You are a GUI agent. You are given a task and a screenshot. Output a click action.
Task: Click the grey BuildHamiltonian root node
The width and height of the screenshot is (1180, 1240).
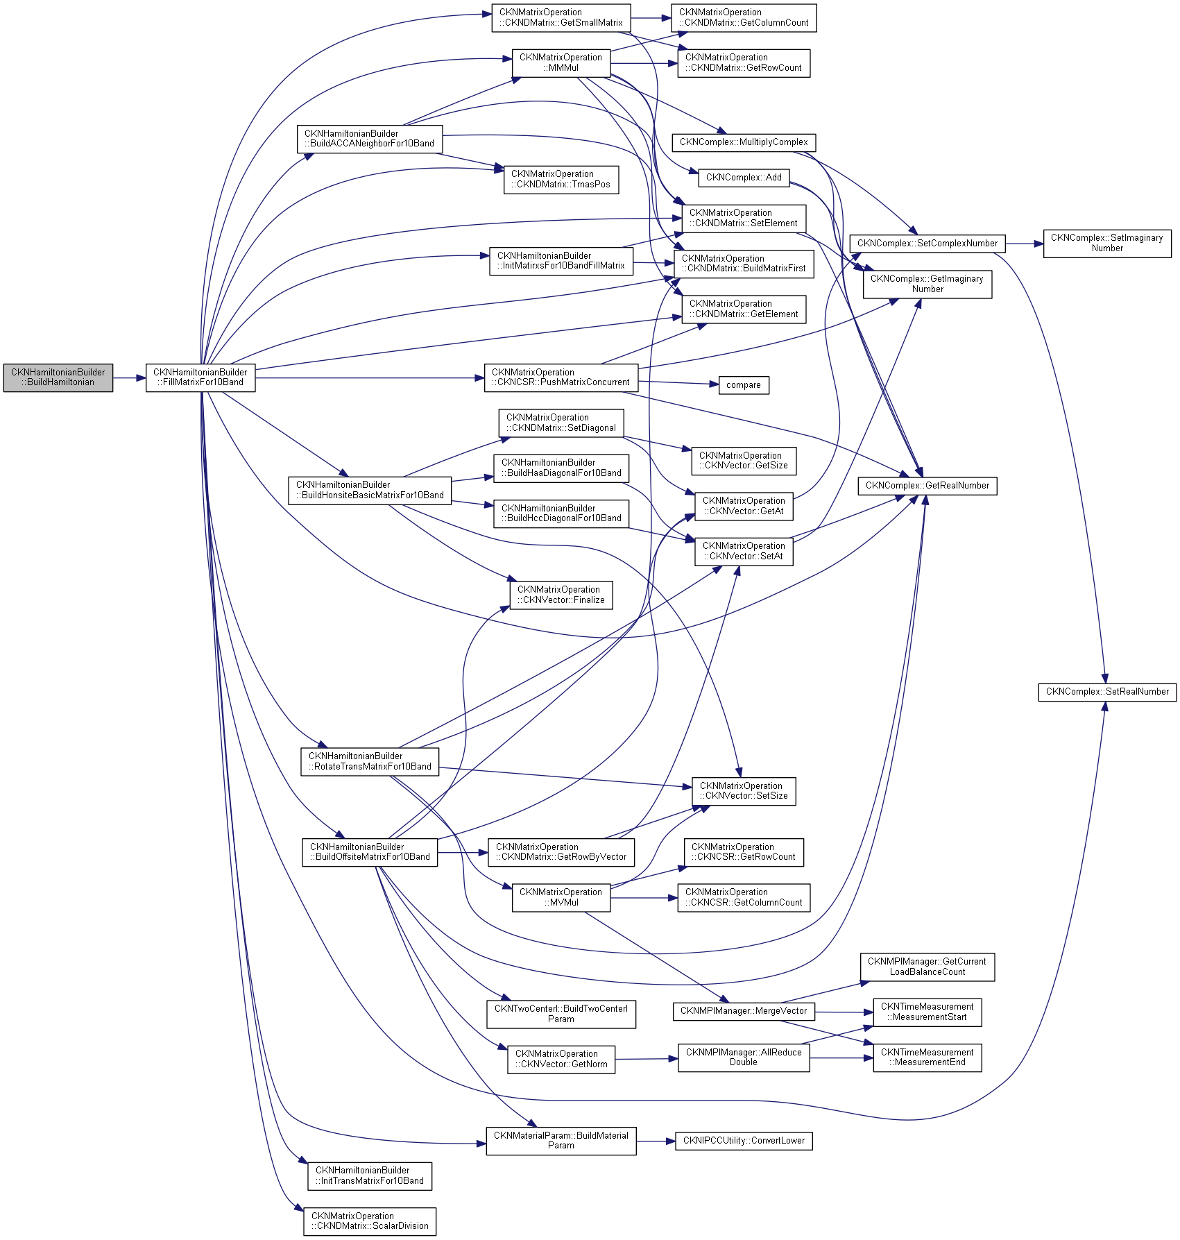(x=58, y=377)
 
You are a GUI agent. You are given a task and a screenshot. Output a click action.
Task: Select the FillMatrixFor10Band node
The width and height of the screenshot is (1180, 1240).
(x=200, y=377)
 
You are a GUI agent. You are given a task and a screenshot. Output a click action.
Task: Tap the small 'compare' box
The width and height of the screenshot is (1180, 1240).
(x=743, y=385)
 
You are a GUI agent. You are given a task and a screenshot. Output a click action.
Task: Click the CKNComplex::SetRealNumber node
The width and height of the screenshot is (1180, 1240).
(x=1106, y=692)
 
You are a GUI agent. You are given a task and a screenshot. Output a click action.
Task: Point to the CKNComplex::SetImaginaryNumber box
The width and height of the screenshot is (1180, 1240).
(x=1106, y=243)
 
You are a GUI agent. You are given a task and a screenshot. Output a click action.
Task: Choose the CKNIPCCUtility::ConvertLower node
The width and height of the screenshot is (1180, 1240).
(x=744, y=1141)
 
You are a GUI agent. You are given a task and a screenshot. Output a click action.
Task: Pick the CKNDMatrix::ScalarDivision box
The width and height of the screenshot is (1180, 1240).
(x=369, y=1221)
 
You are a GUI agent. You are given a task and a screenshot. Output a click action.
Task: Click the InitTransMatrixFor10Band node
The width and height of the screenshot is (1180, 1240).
(x=369, y=1175)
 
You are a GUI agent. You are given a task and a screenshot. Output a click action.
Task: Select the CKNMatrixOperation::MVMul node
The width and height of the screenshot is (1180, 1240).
(x=561, y=897)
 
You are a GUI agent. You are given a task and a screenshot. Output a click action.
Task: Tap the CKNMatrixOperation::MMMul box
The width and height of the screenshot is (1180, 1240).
(x=561, y=62)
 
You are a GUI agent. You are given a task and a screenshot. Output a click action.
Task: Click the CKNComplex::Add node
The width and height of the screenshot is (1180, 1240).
(x=744, y=178)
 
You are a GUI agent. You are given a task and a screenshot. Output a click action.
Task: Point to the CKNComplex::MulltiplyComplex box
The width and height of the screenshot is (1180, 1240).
(x=744, y=142)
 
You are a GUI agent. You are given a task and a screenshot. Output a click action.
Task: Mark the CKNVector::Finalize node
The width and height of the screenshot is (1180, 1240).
(x=561, y=595)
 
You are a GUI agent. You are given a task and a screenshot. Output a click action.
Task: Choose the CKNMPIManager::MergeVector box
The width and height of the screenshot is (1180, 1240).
(x=744, y=1011)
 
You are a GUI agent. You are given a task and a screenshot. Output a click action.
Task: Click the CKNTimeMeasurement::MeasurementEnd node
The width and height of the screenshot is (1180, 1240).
(x=927, y=1058)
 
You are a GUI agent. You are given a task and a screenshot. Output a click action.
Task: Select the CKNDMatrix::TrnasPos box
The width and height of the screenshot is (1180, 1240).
(x=561, y=179)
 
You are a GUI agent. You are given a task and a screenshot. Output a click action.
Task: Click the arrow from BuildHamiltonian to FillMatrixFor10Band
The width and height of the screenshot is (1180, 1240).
(x=129, y=378)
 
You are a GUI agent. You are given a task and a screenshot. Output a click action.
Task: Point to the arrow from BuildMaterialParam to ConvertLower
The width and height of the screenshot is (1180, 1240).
(x=656, y=1141)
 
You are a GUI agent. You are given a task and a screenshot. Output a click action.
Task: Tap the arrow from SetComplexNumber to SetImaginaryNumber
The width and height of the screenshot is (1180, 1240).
(x=1024, y=244)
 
